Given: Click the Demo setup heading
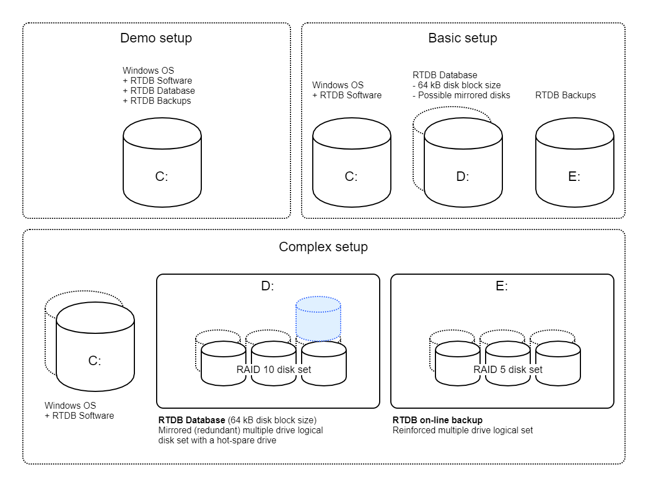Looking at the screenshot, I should (x=156, y=39).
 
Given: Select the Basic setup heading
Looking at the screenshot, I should (x=463, y=39).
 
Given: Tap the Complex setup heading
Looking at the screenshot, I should (x=323, y=247).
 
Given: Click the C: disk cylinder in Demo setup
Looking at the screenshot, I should (x=162, y=168).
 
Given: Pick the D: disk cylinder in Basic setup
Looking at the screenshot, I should (x=463, y=168).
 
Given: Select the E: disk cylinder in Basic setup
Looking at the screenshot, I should (x=574, y=168).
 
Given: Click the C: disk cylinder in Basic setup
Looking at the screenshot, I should (x=351, y=168).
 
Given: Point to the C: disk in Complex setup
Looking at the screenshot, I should (x=95, y=352).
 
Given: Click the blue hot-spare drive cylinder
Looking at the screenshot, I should (x=318, y=319).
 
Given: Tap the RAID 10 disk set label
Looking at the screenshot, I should (x=274, y=370).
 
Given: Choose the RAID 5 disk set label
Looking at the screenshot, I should (x=508, y=370).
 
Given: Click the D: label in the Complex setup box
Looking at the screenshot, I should (x=268, y=286).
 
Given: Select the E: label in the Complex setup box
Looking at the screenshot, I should (x=502, y=286).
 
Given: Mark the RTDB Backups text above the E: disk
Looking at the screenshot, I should (x=565, y=95).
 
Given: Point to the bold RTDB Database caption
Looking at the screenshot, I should (x=191, y=420).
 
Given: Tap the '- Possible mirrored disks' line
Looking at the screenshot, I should (x=461, y=95).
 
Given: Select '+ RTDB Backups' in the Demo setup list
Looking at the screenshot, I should (x=157, y=101).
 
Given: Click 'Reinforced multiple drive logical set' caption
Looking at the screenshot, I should (x=463, y=430).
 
